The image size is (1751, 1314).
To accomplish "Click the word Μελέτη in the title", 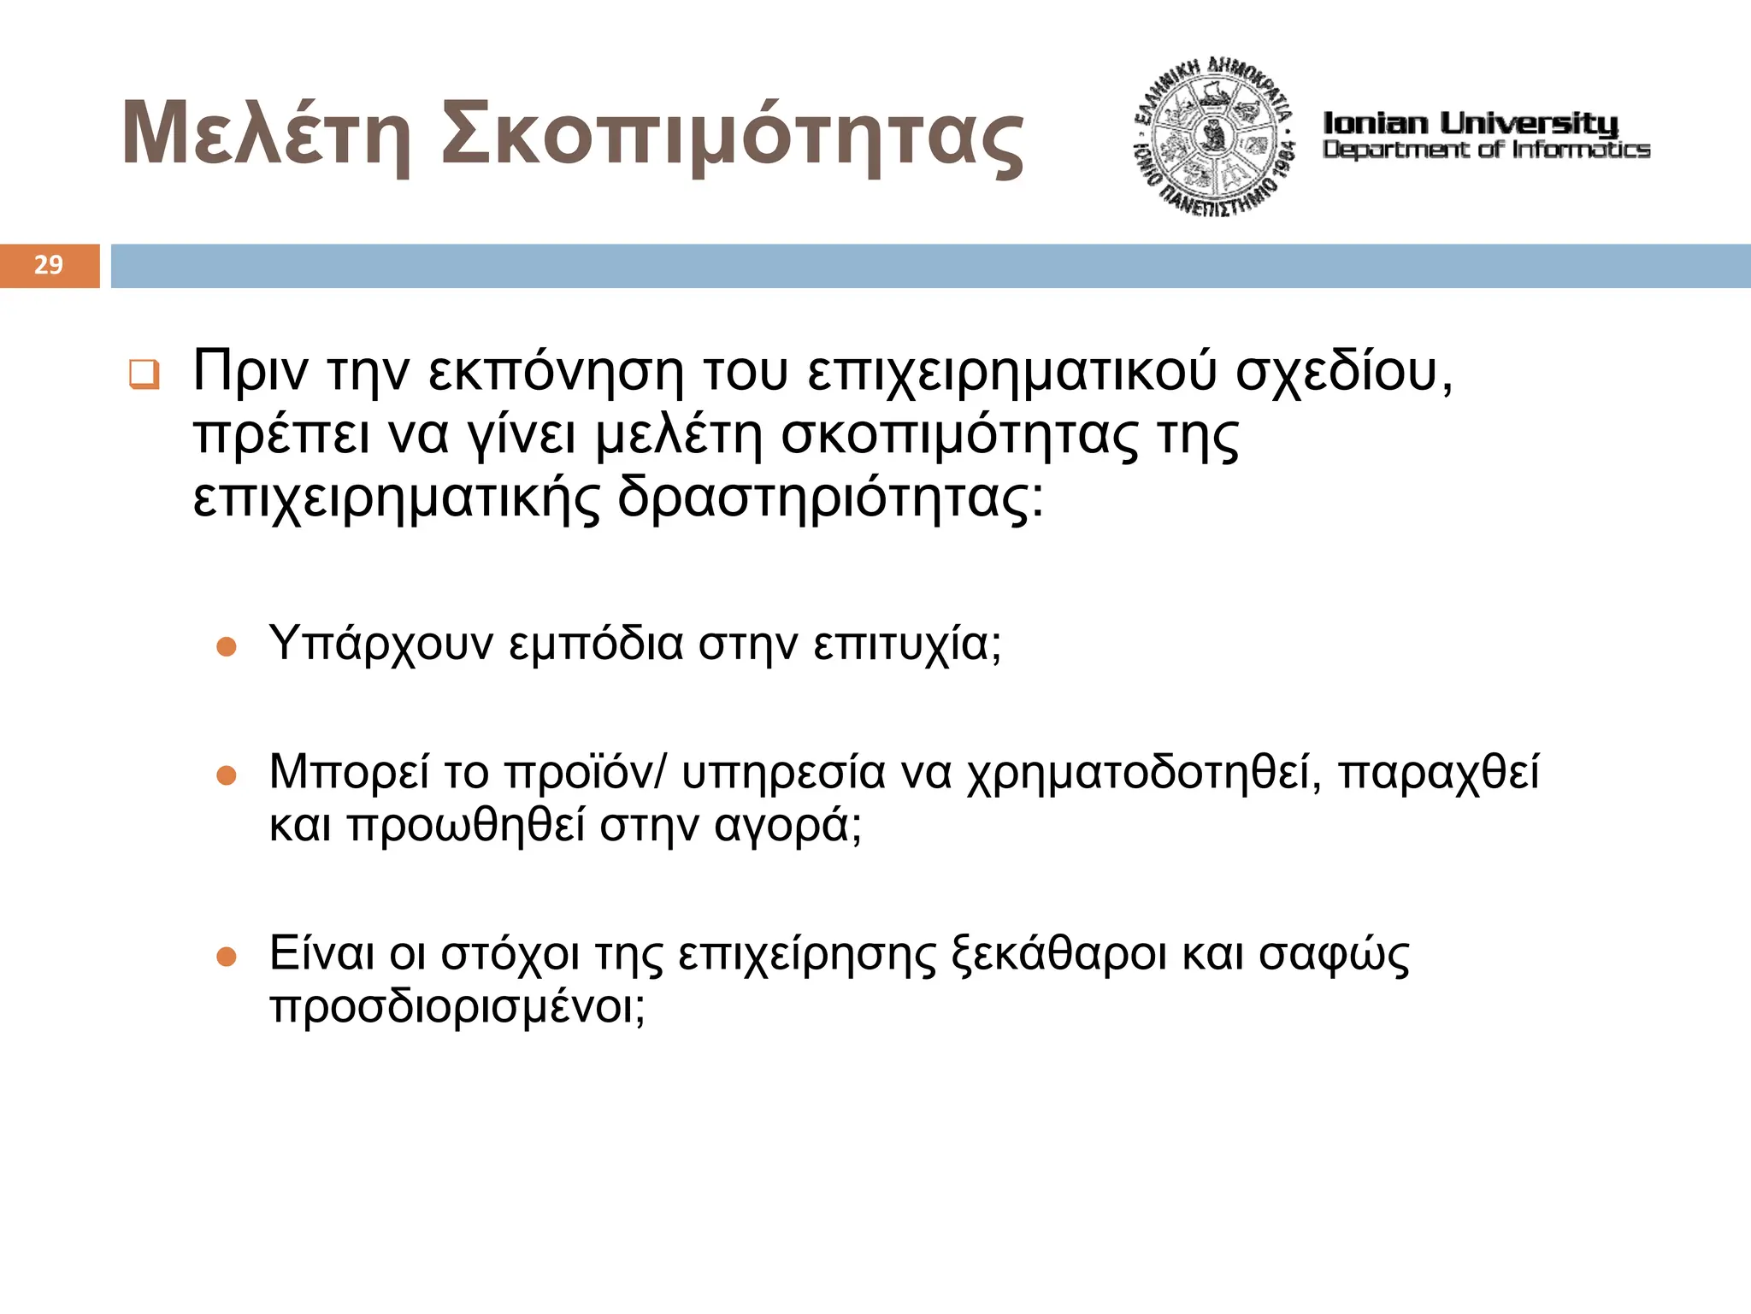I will pyautogui.click(x=266, y=135).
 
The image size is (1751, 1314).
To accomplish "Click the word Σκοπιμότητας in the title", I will pyautogui.click(x=732, y=137).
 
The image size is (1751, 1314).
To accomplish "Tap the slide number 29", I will pyautogui.click(x=49, y=265).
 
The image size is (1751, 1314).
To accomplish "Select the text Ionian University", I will pyautogui.click(x=1471, y=123).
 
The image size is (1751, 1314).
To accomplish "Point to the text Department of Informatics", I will pyautogui.click(x=1486, y=150).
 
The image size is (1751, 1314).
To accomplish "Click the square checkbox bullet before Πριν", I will pyautogui.click(x=144, y=374).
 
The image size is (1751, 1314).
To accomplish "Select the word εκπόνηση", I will pyautogui.click(x=556, y=373).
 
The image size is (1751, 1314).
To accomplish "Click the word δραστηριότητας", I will pyautogui.click(x=830, y=498).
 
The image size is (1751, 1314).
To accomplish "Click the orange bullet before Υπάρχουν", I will pyautogui.click(x=227, y=646).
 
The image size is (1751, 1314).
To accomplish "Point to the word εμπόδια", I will pyautogui.click(x=596, y=645).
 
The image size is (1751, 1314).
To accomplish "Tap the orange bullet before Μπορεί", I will pyautogui.click(x=227, y=775).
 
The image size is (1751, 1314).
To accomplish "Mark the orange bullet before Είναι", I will pyautogui.click(x=227, y=956).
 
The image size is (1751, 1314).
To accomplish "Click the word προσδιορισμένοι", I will pyautogui.click(x=457, y=1007).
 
